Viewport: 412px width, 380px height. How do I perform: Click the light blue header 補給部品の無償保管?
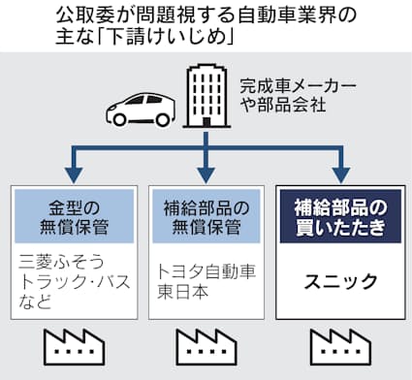coord(205,215)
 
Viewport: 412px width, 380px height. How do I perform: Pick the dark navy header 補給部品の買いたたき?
coord(339,215)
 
